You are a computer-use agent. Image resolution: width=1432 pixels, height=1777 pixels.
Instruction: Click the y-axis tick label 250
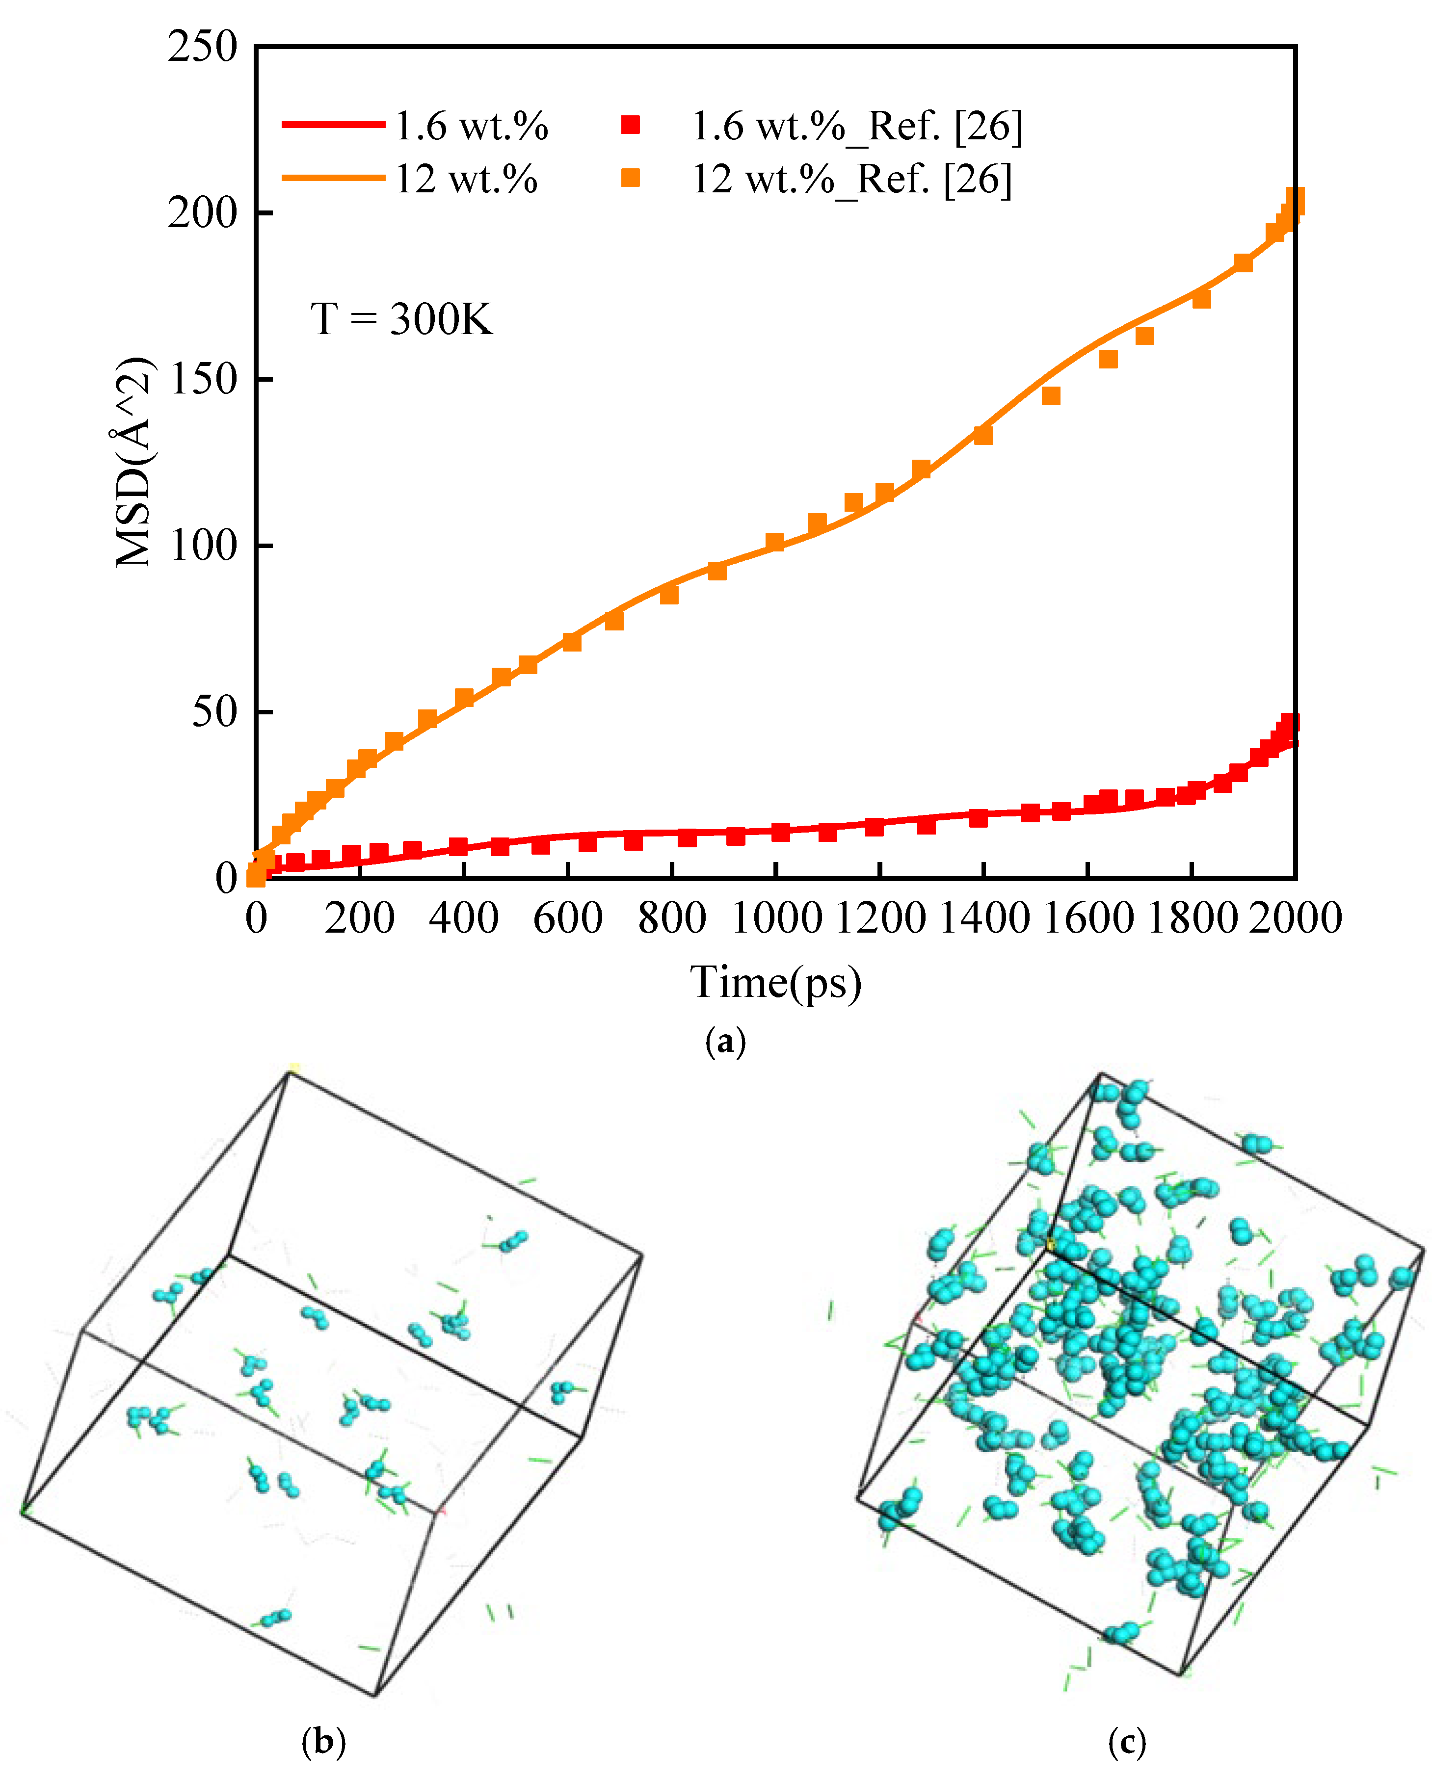[x=202, y=47]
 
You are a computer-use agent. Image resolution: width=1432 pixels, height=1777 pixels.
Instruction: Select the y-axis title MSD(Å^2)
[x=134, y=462]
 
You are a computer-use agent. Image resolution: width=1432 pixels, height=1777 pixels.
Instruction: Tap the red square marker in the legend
[x=631, y=125]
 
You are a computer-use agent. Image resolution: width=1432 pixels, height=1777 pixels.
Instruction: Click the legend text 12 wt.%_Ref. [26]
[x=851, y=178]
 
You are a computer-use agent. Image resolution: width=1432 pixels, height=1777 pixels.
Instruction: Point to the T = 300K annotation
[x=402, y=318]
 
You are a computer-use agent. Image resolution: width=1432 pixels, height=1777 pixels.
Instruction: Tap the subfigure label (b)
[x=323, y=1742]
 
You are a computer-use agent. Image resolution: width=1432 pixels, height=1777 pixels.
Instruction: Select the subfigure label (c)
[x=1127, y=1742]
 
